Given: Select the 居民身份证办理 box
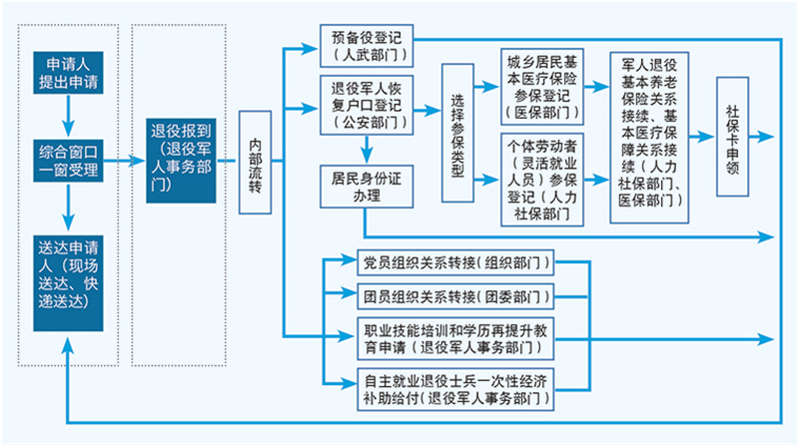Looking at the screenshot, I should [x=366, y=186].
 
